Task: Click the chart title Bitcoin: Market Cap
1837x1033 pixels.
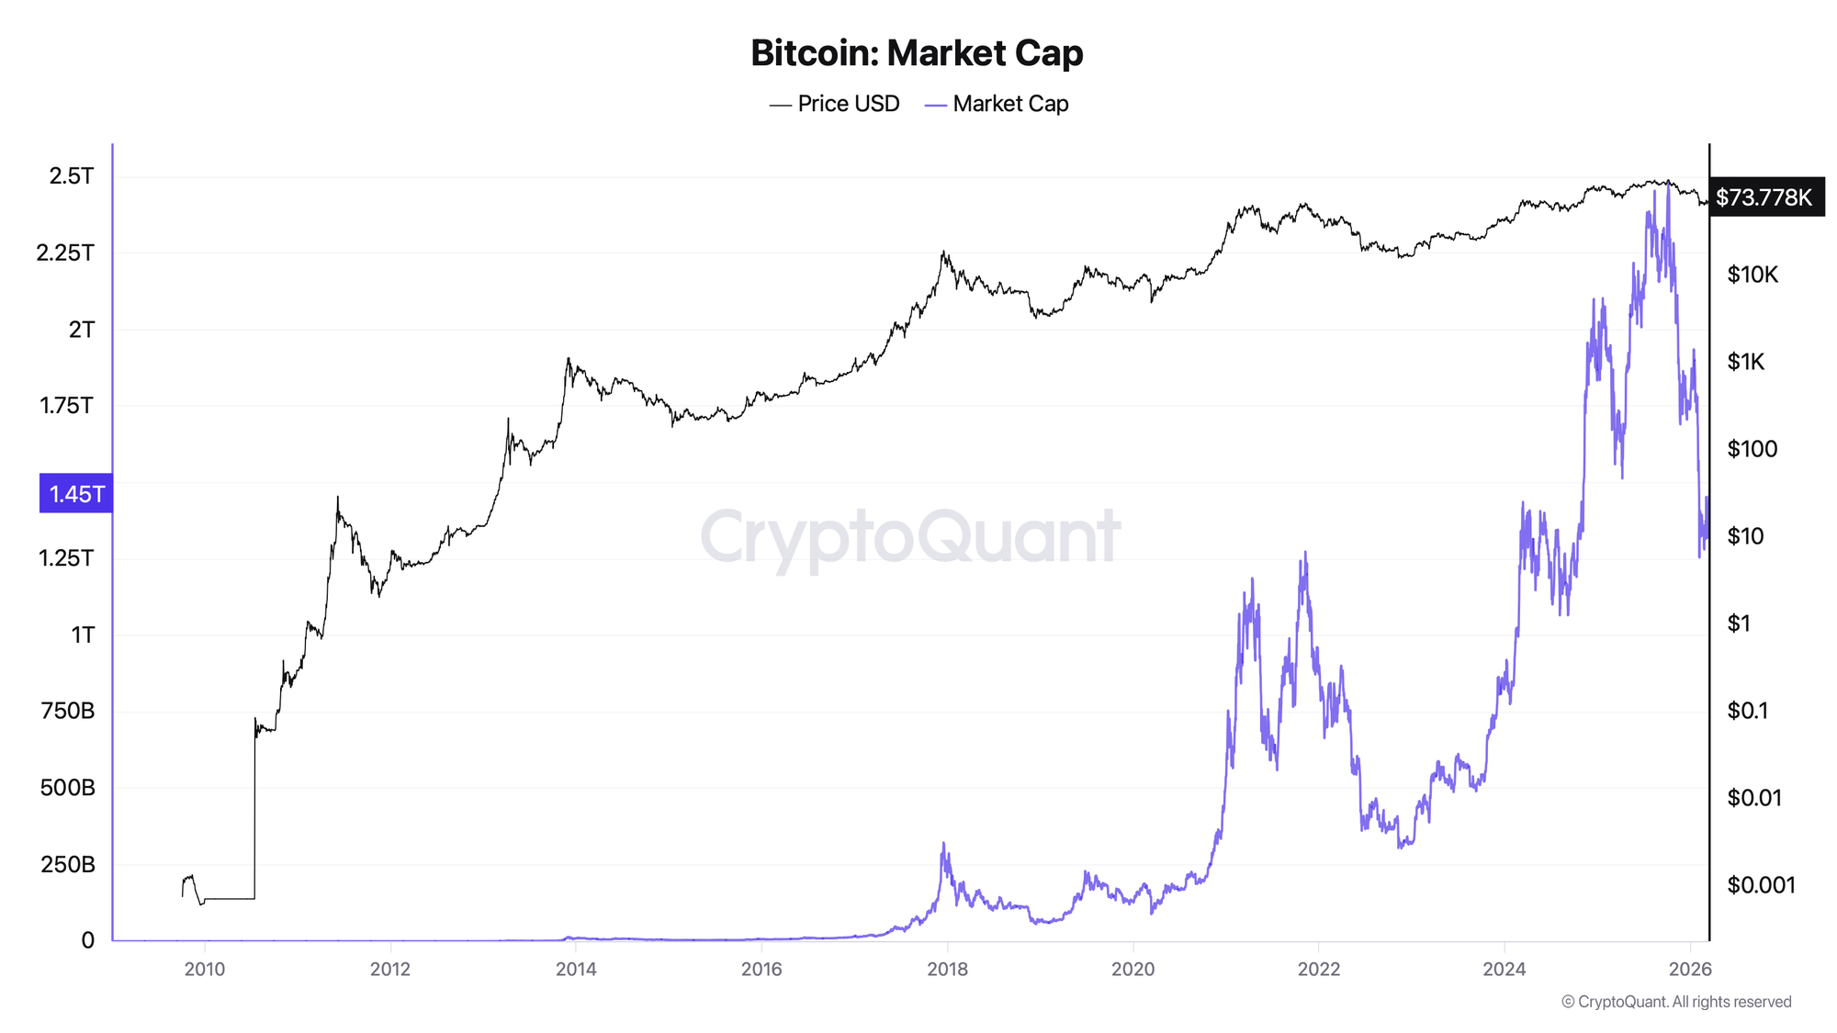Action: point(917,53)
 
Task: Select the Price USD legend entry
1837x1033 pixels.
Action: point(835,104)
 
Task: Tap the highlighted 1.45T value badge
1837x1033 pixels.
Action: point(76,494)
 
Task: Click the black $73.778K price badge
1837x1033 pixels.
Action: point(1764,197)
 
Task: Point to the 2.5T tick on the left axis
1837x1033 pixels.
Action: point(72,176)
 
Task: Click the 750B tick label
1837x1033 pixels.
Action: point(68,711)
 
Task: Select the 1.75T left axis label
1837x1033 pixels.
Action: point(67,406)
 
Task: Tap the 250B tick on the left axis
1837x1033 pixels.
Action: point(68,864)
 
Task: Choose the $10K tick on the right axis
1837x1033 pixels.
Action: point(1752,275)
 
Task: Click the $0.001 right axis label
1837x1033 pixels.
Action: point(1761,885)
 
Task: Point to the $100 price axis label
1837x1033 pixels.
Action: point(1752,449)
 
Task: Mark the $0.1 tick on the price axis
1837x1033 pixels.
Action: point(1747,711)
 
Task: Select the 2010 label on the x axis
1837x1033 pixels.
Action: point(205,970)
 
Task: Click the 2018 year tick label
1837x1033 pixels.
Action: point(947,970)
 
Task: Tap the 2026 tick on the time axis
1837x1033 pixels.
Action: point(1689,970)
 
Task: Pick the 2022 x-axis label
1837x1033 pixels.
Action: point(1318,970)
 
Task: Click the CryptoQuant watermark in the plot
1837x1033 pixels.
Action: point(910,537)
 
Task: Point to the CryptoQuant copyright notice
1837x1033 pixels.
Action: point(1676,1002)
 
